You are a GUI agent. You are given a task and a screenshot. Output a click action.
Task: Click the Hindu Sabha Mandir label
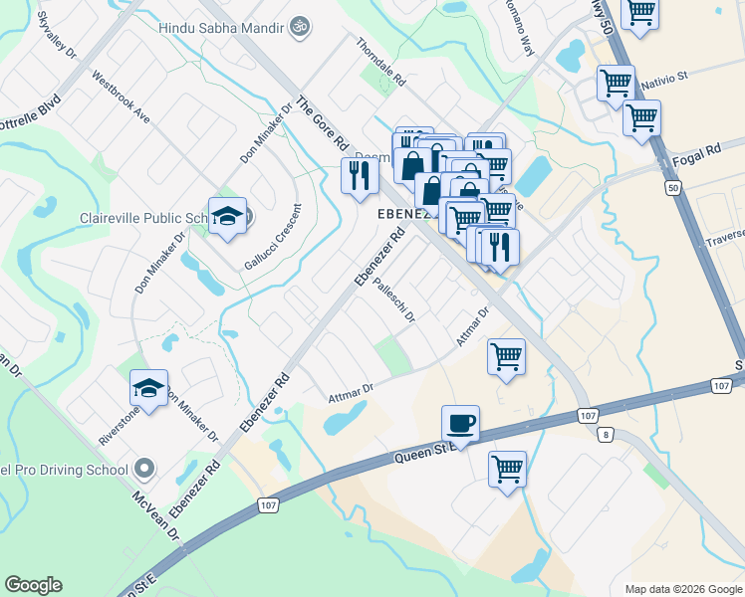tap(221, 28)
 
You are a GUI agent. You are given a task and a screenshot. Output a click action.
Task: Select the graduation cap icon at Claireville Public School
tap(228, 217)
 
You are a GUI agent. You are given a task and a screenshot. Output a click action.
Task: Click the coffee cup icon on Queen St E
tap(460, 424)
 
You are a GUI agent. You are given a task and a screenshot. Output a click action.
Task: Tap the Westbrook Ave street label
tap(121, 97)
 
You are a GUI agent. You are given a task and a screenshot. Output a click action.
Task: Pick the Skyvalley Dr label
tap(57, 36)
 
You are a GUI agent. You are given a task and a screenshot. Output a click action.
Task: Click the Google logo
tap(33, 585)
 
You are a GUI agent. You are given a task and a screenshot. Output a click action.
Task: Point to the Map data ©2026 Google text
tap(682, 588)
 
